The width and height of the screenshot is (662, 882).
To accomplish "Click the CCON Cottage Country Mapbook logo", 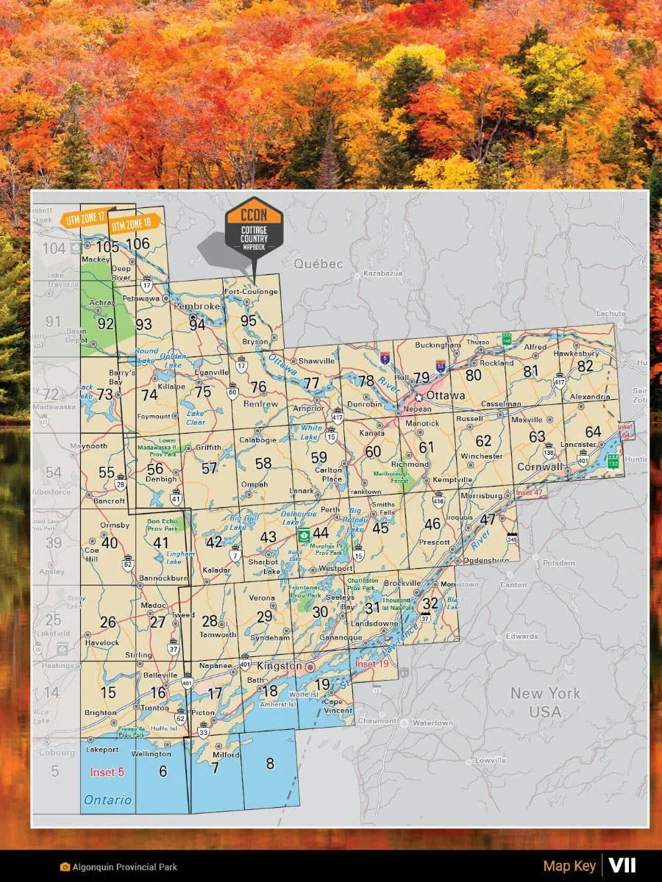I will coord(253,225).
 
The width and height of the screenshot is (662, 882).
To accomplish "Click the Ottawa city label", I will coord(446,395).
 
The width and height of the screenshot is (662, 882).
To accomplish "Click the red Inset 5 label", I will coord(107,772).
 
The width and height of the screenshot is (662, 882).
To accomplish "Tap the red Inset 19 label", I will coord(371,664).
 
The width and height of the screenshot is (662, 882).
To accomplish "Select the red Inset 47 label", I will coord(528,492).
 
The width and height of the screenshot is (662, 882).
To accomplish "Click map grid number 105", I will coord(107,247).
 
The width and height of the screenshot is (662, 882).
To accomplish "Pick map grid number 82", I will coord(585,366).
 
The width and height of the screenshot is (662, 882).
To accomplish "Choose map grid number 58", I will coord(263,464).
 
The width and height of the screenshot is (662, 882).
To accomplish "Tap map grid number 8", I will coord(270,764).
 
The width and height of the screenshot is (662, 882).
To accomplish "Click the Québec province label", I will coord(318,263).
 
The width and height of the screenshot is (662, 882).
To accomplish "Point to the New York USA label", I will coord(545,702).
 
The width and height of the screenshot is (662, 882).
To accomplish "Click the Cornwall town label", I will coord(540,467).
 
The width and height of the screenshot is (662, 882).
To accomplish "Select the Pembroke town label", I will coord(198,306).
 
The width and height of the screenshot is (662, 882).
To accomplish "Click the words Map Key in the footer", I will coord(569,866).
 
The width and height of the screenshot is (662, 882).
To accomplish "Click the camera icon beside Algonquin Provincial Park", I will coord(65,867).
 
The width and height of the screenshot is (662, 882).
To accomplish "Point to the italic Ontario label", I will coord(107,800).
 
